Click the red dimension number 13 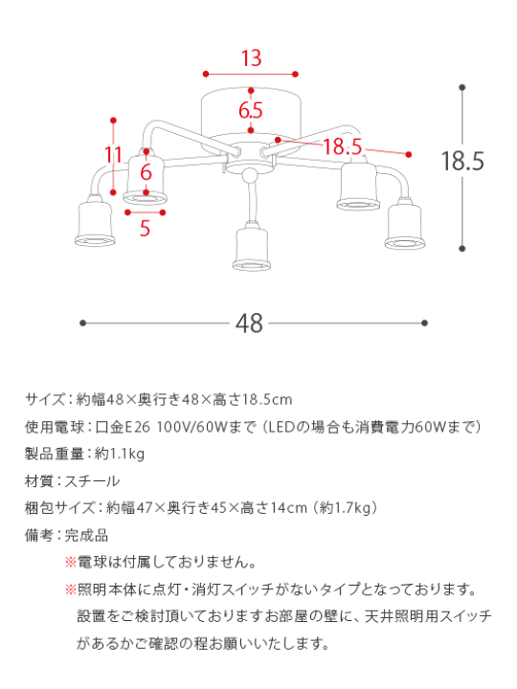coord(251,58)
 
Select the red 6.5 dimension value coord(251,110)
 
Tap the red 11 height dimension coord(114,155)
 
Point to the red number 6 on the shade coord(146,173)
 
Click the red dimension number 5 coord(145,228)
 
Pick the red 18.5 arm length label coord(343,146)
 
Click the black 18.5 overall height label coord(462,161)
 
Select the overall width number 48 coord(249,323)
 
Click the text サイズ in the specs coord(44,399)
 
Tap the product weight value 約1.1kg coord(121,454)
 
